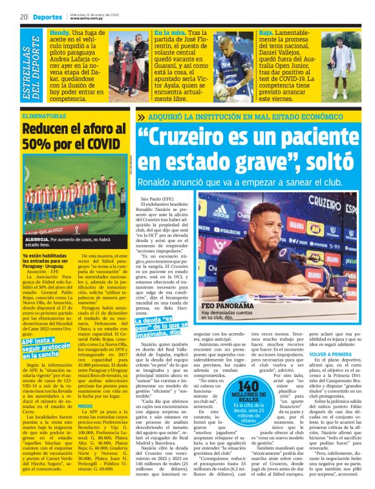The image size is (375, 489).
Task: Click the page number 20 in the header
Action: pyautogui.click(x=23, y=16)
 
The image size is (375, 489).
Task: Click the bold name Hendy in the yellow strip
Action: pyautogui.click(x=60, y=32)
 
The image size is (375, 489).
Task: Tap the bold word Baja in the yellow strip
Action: pyautogui.click(x=266, y=32)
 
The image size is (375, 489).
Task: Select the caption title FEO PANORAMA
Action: pyautogui.click(x=228, y=305)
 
